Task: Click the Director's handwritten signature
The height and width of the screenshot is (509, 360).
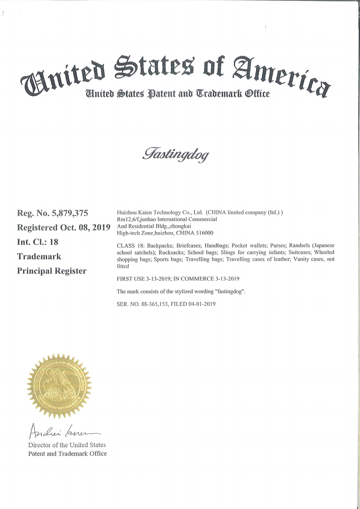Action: [x=63, y=431]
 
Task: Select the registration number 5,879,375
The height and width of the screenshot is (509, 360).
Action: [x=70, y=213]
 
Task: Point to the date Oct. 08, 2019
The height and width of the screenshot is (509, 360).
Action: [x=85, y=227]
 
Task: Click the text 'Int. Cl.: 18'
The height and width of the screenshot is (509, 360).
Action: [x=38, y=242]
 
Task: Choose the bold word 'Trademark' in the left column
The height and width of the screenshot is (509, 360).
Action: [x=39, y=256]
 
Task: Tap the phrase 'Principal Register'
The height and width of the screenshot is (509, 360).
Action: [x=52, y=271]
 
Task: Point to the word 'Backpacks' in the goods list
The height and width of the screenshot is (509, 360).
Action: [x=160, y=245]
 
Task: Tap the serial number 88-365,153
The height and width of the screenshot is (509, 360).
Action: [x=154, y=304]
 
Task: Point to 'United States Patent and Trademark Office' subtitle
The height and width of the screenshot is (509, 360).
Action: [x=178, y=94]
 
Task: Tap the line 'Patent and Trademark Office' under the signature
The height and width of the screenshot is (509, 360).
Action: [x=67, y=453]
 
